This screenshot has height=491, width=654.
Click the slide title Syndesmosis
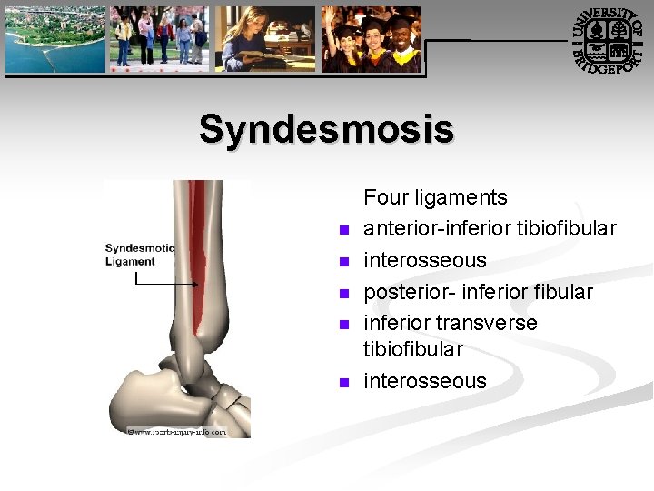pos(326,129)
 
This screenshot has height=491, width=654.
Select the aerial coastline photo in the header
pos(54,39)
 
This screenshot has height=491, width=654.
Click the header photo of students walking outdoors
pos(159,39)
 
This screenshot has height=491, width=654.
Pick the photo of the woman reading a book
pos(264,39)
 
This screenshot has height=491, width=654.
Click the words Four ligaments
pos(435,197)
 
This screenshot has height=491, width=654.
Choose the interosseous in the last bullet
pos(424,381)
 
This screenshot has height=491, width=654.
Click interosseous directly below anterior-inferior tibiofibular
pos(424,260)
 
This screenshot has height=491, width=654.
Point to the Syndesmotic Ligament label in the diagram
pos(139,255)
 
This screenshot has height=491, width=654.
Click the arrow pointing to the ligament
pos(168,284)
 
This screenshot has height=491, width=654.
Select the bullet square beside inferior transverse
pos(343,325)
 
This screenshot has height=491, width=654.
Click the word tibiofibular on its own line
pos(413,349)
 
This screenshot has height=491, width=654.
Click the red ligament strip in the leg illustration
pos(201,255)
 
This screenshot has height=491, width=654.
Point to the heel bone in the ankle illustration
pos(136,400)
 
